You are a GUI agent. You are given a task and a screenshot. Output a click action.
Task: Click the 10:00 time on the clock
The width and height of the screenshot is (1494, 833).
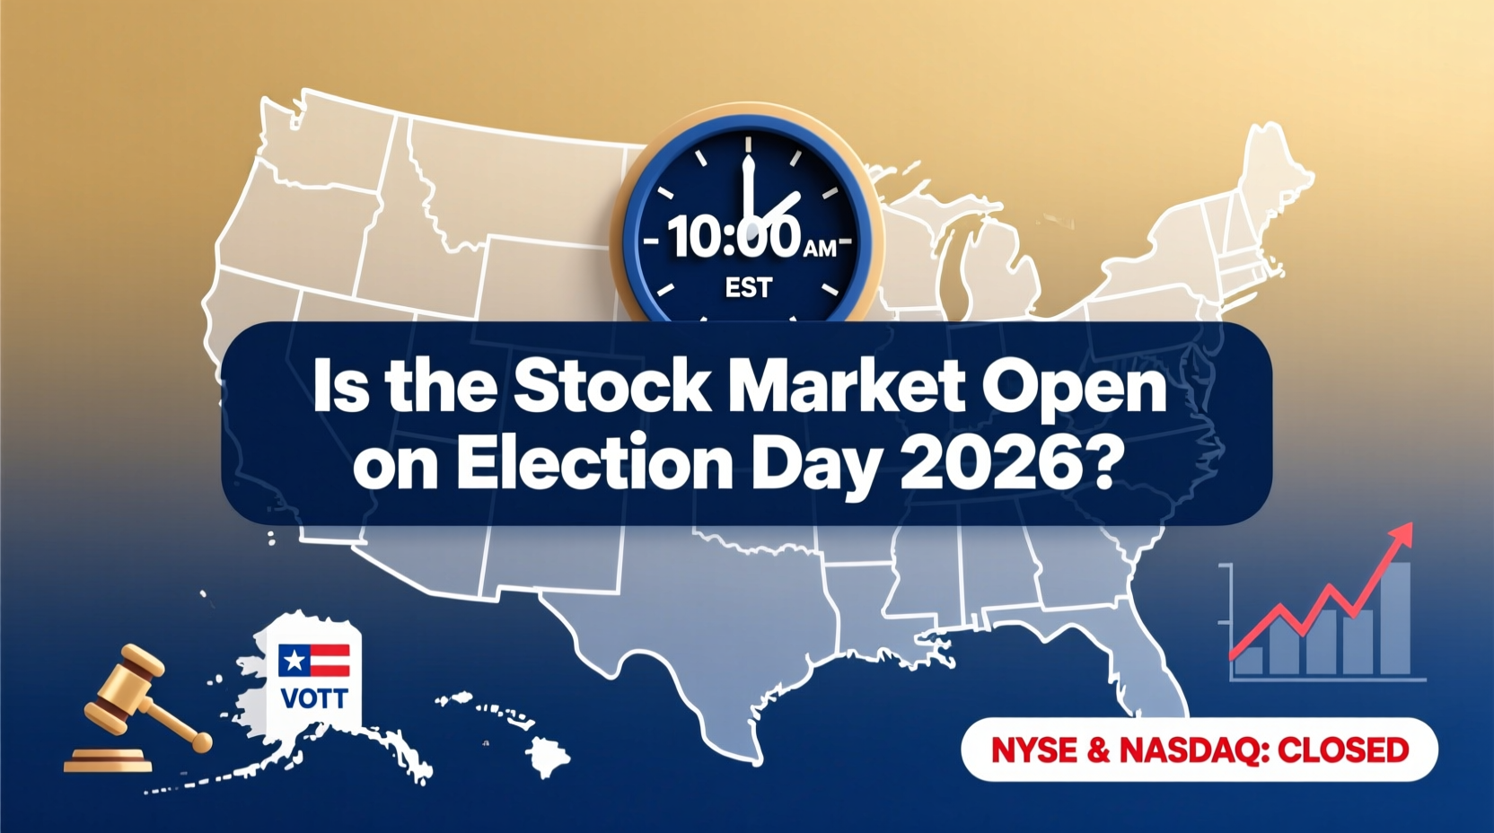[733, 238]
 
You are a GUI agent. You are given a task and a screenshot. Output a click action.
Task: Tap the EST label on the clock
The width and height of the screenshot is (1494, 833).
[748, 288]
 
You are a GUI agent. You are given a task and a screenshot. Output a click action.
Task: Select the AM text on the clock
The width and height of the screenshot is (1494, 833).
[820, 249]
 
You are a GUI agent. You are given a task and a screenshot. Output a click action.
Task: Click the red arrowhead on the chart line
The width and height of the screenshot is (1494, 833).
[1402, 535]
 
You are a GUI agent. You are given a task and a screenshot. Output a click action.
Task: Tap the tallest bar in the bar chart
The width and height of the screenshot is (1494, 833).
[1395, 619]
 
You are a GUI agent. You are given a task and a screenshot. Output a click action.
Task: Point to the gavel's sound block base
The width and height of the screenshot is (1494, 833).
[108, 760]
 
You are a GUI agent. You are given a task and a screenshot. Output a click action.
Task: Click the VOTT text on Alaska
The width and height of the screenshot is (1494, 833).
[313, 698]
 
